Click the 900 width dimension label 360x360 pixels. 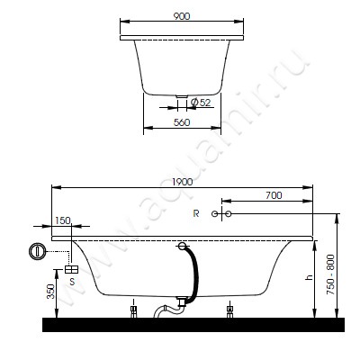182,16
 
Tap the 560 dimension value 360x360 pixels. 182,122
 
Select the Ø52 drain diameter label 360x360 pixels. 201,103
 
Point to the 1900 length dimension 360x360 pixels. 183,182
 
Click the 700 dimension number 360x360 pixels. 274,195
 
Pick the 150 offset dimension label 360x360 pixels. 63,220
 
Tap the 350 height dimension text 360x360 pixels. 51,292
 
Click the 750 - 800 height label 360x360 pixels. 330,274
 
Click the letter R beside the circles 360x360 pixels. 196,213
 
